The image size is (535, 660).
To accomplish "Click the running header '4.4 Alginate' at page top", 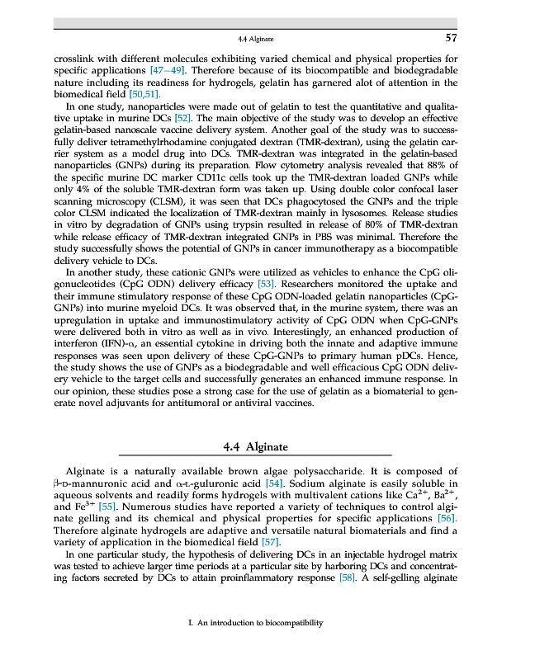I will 255,39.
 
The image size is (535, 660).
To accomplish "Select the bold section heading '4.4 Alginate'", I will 256,446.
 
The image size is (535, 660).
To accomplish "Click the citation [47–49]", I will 166,71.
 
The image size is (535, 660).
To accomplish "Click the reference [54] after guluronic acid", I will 275,482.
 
